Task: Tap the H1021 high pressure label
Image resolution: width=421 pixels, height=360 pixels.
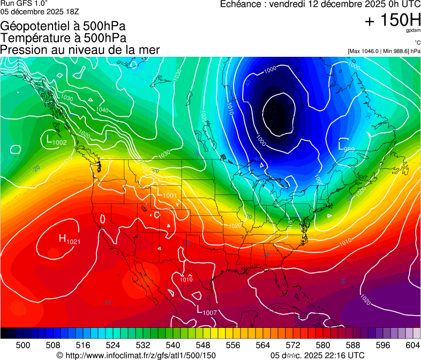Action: pos(69,240)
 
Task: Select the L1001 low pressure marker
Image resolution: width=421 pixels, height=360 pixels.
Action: pos(167,194)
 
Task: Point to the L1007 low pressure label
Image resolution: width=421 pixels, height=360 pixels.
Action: pos(206,311)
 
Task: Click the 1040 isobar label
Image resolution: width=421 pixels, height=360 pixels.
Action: pos(101,109)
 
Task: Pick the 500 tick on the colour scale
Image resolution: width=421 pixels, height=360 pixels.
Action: pos(23,344)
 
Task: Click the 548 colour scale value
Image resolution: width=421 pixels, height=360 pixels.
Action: pos(195,344)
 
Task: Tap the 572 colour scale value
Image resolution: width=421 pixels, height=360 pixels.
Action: pos(281,344)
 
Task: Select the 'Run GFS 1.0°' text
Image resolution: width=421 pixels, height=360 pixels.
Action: pos(24,4)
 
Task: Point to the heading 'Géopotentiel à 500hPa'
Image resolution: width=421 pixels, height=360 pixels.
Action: pos(63,26)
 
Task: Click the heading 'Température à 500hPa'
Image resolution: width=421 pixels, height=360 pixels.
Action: pos(63,38)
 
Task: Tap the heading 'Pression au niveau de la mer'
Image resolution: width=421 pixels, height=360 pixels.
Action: pos(80,50)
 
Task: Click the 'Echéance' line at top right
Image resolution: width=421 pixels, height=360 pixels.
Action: pos(320,4)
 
